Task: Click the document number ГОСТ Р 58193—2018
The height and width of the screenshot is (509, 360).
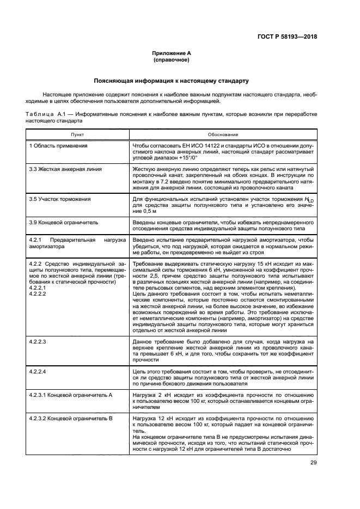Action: tap(286, 37)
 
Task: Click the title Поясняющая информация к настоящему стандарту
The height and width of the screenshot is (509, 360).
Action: tap(172, 81)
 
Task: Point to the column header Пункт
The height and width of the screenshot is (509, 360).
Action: tap(77, 134)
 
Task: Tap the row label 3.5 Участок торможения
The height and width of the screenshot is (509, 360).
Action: tap(60, 199)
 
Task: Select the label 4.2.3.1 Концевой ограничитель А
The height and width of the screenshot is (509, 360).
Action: tap(71, 395)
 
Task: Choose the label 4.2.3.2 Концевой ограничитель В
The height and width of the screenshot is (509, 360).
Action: tap(71, 419)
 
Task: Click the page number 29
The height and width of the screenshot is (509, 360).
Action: tap(314, 463)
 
